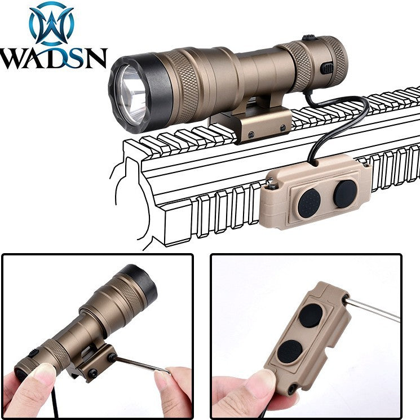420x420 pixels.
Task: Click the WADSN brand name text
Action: pyautogui.click(x=54, y=59)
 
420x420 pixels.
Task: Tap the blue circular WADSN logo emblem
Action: pyautogui.click(x=51, y=24)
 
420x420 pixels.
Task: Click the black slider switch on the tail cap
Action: pyautogui.click(x=327, y=69)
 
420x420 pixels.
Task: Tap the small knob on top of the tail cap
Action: pyautogui.click(x=310, y=38)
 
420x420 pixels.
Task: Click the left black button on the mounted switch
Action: pyautogui.click(x=309, y=203)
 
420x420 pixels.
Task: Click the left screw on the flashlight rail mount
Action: pyautogui.click(x=251, y=134)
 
